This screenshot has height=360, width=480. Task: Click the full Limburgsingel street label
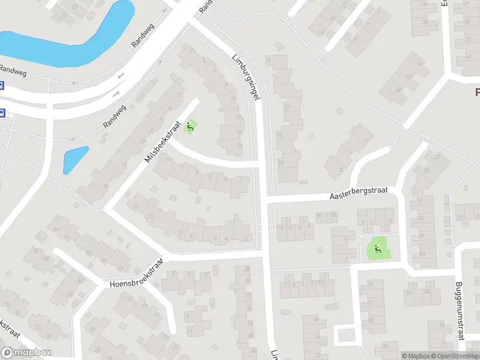pos(245,77)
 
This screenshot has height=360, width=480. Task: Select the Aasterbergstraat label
pos(359,193)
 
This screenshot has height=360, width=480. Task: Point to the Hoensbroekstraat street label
pos(137,275)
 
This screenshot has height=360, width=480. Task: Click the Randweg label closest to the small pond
pos(115,115)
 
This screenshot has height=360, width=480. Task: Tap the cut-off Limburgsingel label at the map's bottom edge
pos(274,355)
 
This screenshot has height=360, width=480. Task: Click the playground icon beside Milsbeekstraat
pos(190,127)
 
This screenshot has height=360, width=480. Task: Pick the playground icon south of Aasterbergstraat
pos(378,249)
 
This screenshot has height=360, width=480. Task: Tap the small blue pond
pos(75,158)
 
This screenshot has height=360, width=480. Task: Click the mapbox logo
pos(26,353)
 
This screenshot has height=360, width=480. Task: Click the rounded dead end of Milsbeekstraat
pos(194,103)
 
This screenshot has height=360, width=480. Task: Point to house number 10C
pos(334,215)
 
